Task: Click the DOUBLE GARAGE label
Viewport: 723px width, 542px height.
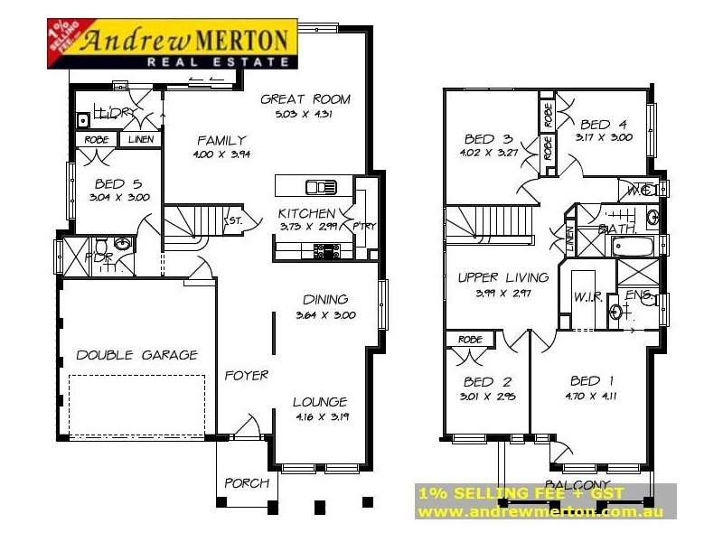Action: [136, 355]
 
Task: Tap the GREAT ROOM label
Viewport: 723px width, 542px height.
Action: [305, 99]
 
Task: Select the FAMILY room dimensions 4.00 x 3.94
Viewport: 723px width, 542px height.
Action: [221, 154]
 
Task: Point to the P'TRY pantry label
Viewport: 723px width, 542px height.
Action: [364, 225]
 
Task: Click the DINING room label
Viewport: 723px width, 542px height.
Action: [326, 300]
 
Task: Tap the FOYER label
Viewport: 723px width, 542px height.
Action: [247, 375]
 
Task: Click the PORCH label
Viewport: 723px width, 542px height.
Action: [247, 483]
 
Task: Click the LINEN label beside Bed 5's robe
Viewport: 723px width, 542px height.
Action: [141, 140]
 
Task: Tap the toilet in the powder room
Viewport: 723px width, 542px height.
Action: [102, 247]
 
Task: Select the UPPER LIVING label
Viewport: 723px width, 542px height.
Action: [499, 277]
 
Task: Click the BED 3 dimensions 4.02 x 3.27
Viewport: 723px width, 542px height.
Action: [491, 154]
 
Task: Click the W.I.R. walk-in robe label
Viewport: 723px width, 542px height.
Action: [587, 297]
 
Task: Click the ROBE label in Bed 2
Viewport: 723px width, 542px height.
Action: [469, 340]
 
